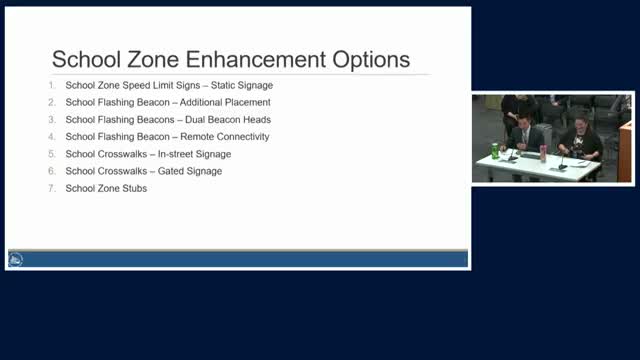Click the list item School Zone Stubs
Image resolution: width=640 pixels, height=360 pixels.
pyautogui.click(x=106, y=188)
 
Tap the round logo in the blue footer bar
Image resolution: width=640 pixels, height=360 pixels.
pyautogui.click(x=16, y=260)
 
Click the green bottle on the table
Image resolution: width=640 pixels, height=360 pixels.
pyautogui.click(x=495, y=151)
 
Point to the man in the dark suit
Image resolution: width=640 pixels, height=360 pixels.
pyautogui.click(x=525, y=138)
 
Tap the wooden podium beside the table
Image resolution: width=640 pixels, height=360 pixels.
pyautogui.click(x=625, y=150)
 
